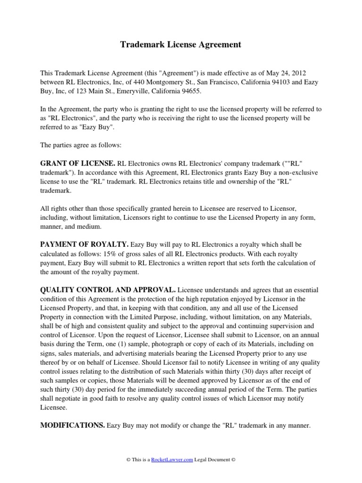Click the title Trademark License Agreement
pos(181,45)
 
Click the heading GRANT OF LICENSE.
pos(78,164)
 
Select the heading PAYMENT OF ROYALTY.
pos(84,245)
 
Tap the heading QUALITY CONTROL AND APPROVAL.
pos(108,289)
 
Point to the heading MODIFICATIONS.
pos(73,425)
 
